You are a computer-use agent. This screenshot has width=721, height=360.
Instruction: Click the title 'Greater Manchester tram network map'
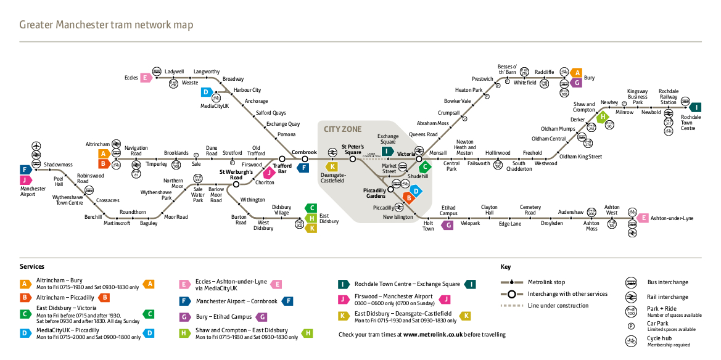(106, 25)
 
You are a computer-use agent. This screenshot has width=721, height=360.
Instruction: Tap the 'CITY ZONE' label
(343, 129)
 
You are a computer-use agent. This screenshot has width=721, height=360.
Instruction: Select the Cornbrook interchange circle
(305, 159)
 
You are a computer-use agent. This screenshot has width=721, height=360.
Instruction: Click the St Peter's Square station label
(353, 149)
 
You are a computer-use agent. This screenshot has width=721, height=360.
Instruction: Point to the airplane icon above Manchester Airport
(36, 145)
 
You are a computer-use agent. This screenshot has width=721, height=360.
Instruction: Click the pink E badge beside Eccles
(146, 78)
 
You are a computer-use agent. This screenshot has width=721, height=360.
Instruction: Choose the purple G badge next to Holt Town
(448, 225)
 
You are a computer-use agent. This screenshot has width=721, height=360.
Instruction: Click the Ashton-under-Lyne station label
(672, 218)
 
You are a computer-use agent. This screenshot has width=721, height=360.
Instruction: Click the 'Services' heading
(32, 266)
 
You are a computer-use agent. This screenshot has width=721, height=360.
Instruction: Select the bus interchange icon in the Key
(631, 283)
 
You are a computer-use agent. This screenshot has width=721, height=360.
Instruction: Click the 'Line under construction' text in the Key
(558, 306)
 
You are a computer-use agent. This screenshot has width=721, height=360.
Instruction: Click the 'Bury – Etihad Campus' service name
(223, 317)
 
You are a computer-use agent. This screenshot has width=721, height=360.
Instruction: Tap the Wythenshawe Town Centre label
(67, 200)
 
